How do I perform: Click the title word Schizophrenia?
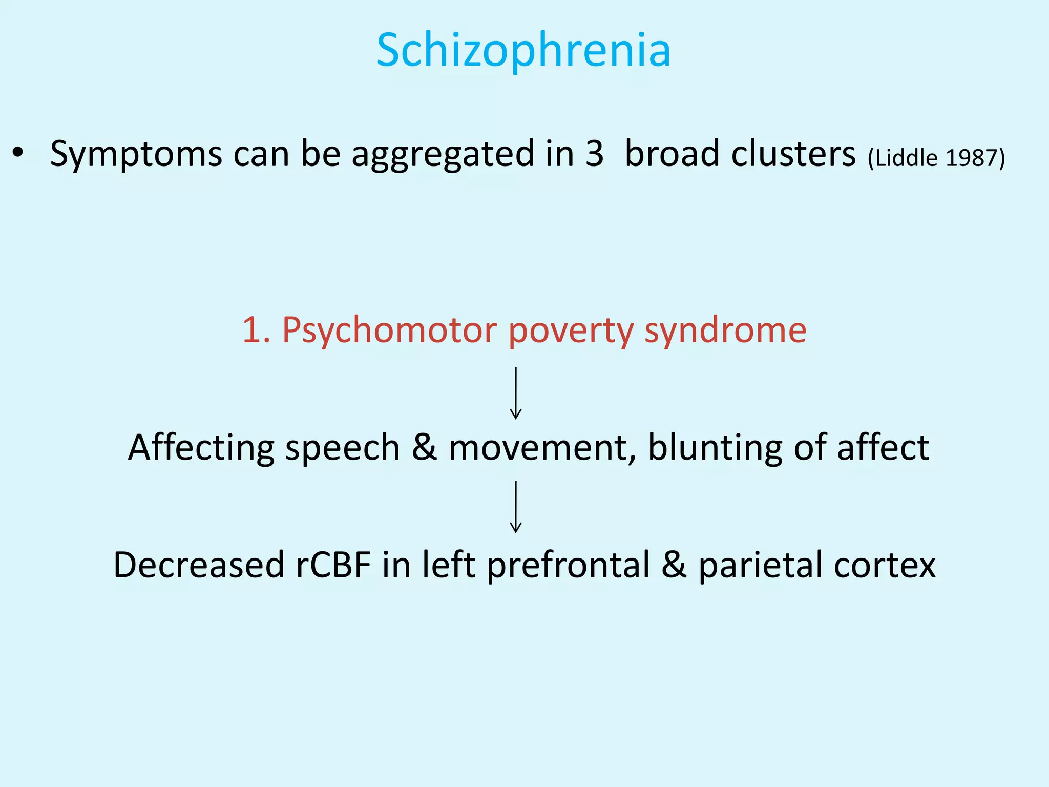pos(523,50)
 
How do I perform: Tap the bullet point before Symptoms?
pos(18,153)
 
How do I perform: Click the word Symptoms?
pos(136,154)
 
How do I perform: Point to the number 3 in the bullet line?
pos(594,153)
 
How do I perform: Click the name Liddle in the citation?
pos(907,158)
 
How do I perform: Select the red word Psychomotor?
pos(389,330)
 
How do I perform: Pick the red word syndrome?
pos(725,330)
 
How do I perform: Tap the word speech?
pos(342,448)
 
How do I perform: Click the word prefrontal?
pos(568,566)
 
